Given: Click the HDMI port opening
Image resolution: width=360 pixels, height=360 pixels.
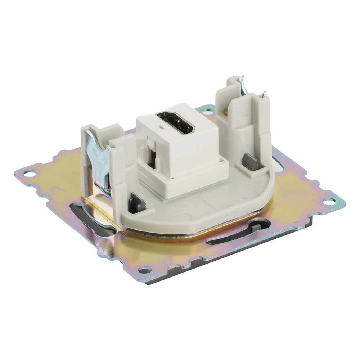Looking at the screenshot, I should (176, 122).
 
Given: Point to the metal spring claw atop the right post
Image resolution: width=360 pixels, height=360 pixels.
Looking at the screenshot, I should (242, 83).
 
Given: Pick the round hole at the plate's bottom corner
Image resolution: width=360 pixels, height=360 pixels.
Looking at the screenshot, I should (145, 270).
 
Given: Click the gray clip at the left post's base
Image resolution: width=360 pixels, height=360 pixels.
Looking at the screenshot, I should (138, 202).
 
